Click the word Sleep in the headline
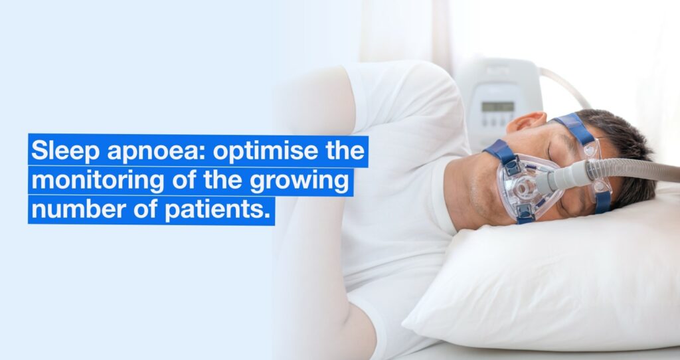58,151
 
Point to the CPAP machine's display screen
497,106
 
